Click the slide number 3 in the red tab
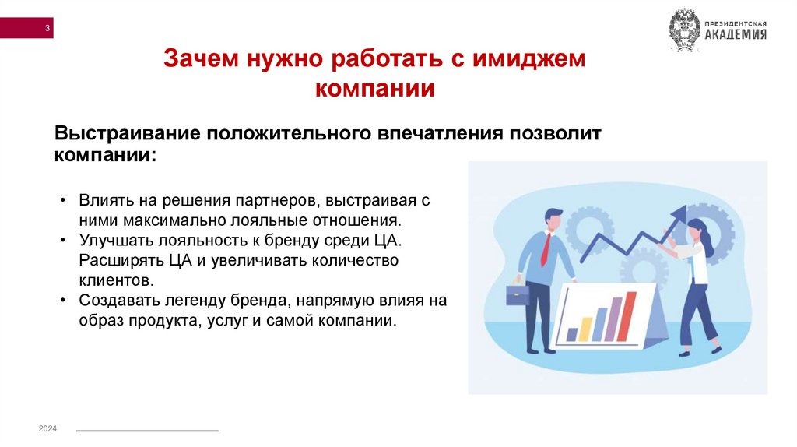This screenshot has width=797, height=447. point(47,30)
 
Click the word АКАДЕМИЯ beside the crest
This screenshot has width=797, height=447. point(736,34)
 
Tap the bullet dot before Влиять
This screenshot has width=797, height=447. point(62,200)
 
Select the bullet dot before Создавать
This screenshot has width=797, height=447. point(62,300)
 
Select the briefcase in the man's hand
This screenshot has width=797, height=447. point(517,294)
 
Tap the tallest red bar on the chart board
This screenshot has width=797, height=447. point(627,315)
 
